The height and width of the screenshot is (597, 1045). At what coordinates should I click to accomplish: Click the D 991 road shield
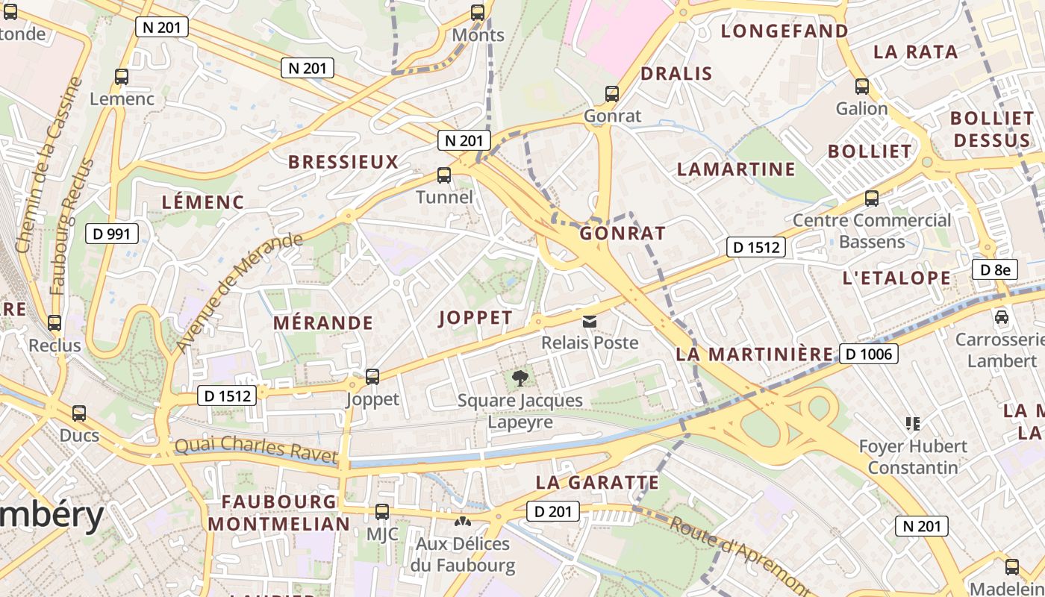click(x=112, y=234)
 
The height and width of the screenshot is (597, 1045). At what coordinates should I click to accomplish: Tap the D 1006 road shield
click(x=869, y=354)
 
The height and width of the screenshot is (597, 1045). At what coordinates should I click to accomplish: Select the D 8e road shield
click(x=995, y=269)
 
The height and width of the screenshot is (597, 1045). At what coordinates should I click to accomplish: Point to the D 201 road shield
click(x=553, y=511)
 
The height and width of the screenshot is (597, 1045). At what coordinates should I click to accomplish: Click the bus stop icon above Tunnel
click(x=444, y=175)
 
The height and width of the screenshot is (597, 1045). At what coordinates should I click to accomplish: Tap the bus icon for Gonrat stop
click(x=612, y=94)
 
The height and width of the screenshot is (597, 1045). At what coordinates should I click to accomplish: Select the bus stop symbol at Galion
click(x=862, y=87)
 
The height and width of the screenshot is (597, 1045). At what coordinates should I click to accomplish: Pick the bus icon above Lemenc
click(x=122, y=76)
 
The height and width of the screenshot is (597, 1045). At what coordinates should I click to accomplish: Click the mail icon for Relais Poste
click(x=590, y=321)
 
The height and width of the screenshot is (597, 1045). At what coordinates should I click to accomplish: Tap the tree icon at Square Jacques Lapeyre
click(x=520, y=378)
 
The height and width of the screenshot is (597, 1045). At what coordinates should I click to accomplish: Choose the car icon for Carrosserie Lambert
click(x=1002, y=317)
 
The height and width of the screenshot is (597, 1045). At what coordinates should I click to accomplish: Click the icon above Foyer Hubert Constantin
click(x=912, y=424)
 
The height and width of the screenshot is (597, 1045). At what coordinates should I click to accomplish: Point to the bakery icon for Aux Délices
click(x=463, y=522)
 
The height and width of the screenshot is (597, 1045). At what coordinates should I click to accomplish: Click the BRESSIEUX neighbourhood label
click(x=343, y=162)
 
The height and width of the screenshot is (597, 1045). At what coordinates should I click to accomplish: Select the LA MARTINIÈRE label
click(x=754, y=354)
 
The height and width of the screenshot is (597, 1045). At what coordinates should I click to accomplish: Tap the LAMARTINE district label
click(x=736, y=169)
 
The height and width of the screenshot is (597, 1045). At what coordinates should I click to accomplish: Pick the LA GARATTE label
click(x=598, y=483)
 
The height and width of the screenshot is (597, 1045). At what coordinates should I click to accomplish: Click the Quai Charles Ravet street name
click(x=255, y=450)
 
